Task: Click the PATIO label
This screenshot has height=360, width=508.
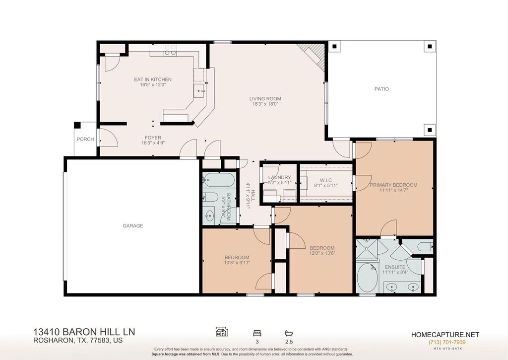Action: tap(381, 89)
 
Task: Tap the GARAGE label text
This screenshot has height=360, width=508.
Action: tap(133, 226)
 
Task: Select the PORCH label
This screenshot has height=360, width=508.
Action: tap(85, 139)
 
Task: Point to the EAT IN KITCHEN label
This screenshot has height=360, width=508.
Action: tap(153, 79)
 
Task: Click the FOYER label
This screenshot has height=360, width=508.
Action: tap(153, 138)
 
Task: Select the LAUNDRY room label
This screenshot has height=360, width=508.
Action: tap(279, 178)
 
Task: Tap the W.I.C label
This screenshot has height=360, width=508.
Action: tap(325, 180)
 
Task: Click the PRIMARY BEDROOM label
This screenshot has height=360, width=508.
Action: tap(393, 185)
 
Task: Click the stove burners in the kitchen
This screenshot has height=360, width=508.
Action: tap(170, 49)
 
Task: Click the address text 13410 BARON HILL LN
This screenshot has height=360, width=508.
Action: tap(84, 332)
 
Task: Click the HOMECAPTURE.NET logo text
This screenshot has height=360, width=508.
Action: tap(445, 335)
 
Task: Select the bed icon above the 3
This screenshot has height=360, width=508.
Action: tap(256, 332)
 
